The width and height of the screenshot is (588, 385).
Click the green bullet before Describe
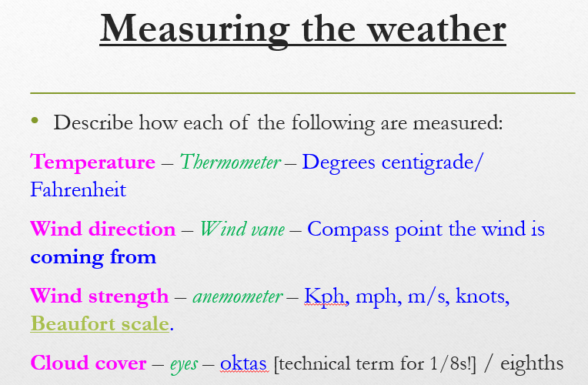pos(34,121)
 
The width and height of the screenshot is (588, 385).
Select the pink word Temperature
pos(93,162)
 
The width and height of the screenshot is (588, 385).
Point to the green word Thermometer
pos(230,162)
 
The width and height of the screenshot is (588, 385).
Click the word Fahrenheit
pos(79,189)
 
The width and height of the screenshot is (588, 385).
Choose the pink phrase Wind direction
pos(103,229)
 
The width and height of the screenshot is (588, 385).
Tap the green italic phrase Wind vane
pos(242,229)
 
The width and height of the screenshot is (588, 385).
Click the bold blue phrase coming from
pos(93,256)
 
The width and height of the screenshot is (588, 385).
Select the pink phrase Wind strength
pos(99,296)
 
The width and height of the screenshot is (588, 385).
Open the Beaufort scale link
pos(99,323)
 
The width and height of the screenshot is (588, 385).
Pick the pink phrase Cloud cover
pos(88,363)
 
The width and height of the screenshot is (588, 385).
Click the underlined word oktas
pos(244,363)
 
